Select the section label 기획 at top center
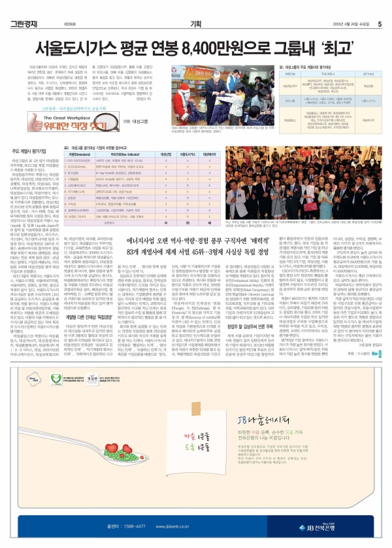[195, 7]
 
